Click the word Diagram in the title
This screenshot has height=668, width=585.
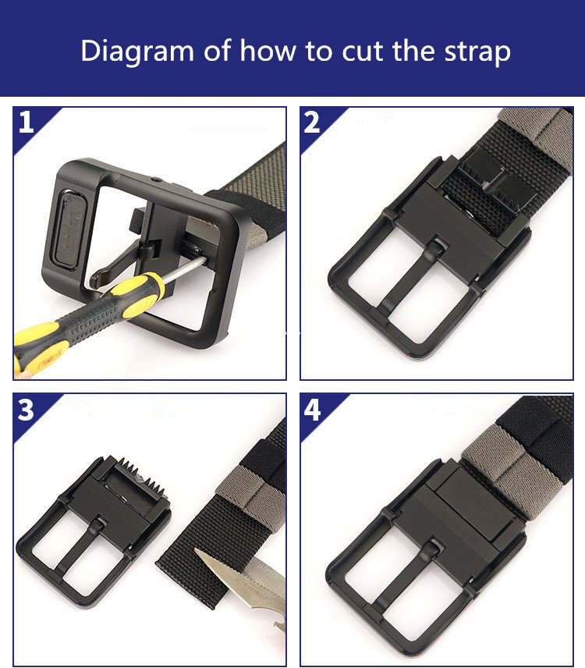click(137, 52)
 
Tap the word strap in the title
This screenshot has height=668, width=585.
click(477, 52)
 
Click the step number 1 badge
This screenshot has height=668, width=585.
click(26, 122)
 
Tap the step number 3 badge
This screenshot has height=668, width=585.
click(26, 410)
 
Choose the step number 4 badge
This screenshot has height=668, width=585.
click(312, 410)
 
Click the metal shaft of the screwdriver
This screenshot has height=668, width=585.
click(184, 268)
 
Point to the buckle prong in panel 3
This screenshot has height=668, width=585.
click(80, 549)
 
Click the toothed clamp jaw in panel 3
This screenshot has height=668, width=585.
click(136, 478)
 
